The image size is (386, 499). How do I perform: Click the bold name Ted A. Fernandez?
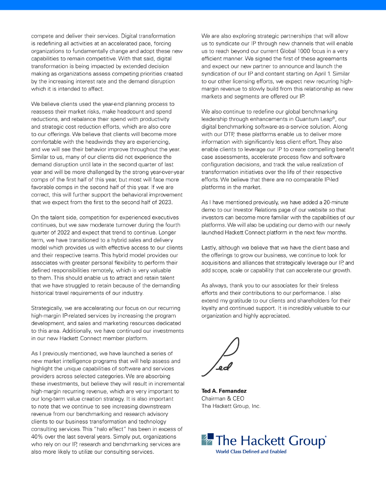coord(224,391)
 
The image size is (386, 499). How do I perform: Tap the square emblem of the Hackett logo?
coord(207,439)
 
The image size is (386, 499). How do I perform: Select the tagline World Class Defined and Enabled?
coord(251,452)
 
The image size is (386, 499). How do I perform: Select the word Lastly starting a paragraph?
coord(211,248)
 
